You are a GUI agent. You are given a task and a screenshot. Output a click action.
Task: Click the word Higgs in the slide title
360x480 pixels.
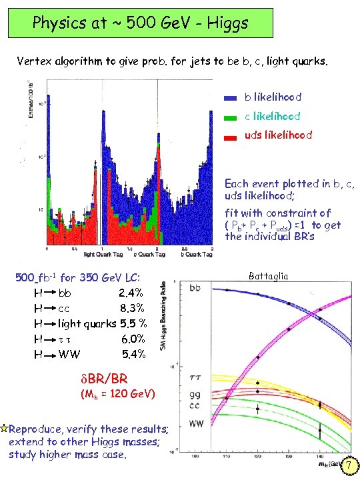tap(223, 24)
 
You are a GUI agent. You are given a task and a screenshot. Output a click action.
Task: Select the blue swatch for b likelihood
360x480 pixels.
tap(229, 97)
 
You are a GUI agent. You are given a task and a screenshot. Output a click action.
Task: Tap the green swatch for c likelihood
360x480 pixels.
tap(229, 117)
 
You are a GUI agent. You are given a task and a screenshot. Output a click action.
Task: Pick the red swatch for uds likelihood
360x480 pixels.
tap(229, 135)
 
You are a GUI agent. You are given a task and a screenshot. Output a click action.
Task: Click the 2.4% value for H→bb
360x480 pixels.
tap(131, 293)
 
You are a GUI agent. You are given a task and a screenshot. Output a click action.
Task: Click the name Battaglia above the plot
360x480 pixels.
tap(269, 276)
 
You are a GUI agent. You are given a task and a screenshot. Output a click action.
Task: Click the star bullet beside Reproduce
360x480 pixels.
tap(5, 428)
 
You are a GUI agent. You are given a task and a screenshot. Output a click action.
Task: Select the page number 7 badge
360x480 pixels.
tap(347, 469)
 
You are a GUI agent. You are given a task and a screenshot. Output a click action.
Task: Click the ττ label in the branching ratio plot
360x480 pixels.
tap(197, 377)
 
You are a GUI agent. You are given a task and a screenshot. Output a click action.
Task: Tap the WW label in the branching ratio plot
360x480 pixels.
tap(197, 423)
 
